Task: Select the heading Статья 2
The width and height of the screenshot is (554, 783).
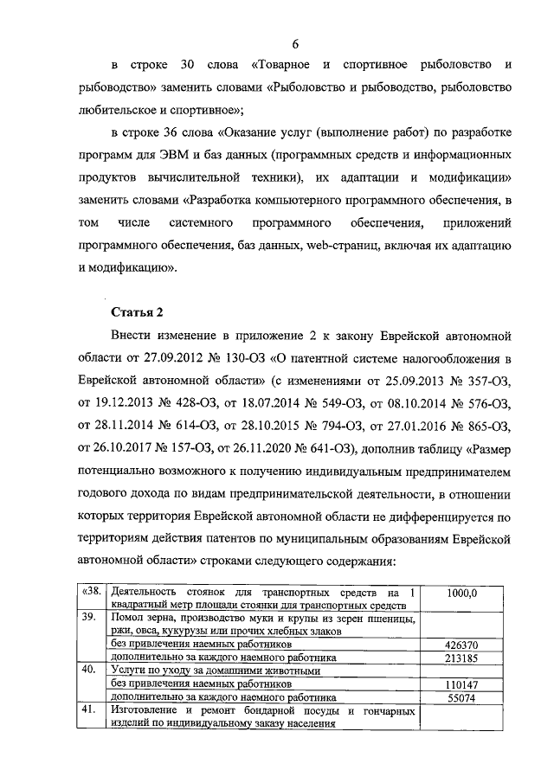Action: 137,311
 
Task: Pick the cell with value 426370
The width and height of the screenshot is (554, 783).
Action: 462,645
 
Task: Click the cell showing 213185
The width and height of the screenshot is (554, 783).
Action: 462,658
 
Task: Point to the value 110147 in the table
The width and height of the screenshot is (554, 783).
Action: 462,684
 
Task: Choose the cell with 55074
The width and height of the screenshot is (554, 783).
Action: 462,696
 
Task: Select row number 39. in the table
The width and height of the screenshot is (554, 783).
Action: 88,618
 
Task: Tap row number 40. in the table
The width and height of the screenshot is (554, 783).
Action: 88,670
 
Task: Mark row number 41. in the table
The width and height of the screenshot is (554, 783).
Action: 88,710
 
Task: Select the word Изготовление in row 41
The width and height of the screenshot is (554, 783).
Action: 149,710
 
